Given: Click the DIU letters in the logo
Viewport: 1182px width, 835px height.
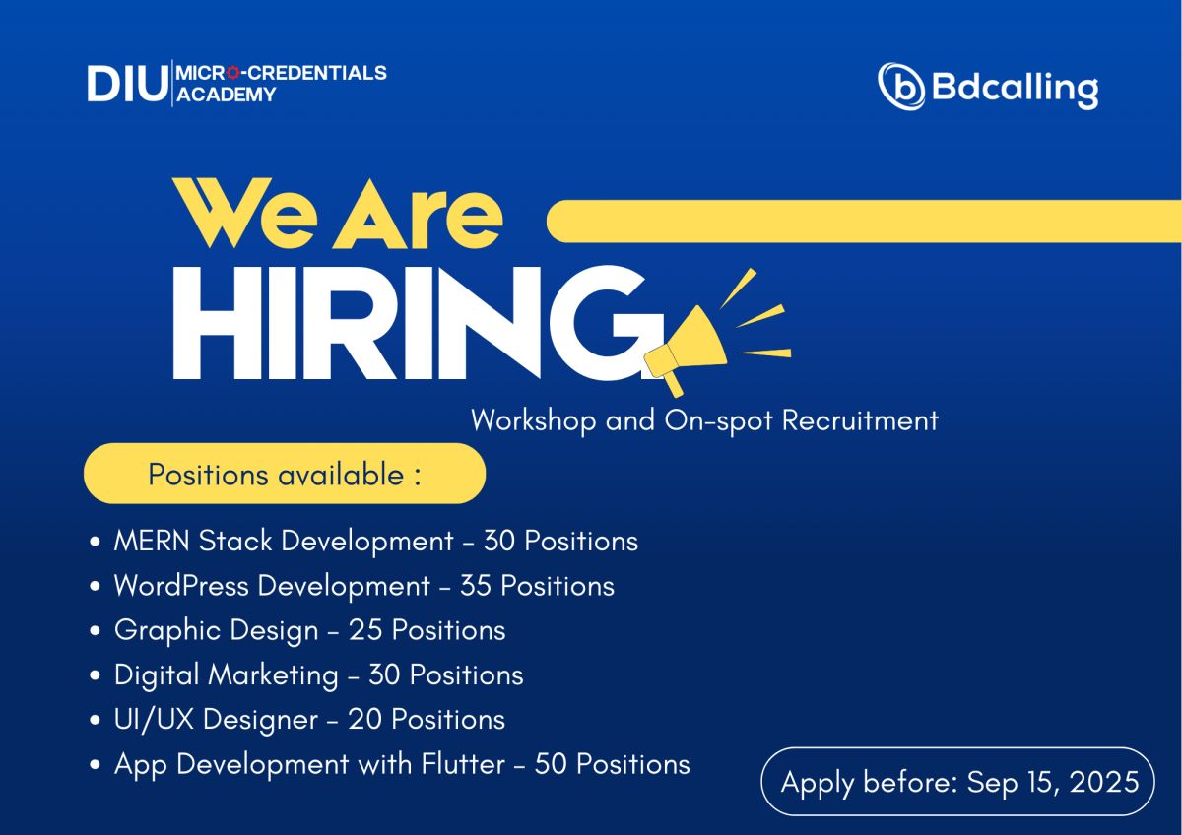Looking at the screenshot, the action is [x=127, y=84].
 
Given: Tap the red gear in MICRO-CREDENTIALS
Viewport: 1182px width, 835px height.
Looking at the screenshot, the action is [x=233, y=73].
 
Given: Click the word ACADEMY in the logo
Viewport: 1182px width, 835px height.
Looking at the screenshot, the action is [x=226, y=95].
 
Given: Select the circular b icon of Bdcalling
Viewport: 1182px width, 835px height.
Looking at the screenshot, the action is [x=901, y=87].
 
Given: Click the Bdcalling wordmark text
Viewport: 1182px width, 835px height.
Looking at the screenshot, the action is [x=1016, y=87].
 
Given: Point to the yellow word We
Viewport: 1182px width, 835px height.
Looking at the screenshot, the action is [x=245, y=213].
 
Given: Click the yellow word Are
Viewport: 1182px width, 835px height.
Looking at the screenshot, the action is [x=418, y=213].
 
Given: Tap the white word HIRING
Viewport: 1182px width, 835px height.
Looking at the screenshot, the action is [x=418, y=322].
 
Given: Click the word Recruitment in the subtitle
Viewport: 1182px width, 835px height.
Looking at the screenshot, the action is [x=860, y=420].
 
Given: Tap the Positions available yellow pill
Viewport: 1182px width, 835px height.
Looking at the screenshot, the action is [x=285, y=474].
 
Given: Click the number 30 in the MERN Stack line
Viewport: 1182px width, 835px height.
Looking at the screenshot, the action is [x=499, y=542].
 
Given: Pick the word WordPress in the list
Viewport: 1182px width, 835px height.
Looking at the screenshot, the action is [x=181, y=586].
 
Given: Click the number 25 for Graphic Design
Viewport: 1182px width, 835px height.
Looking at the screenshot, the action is [x=365, y=630].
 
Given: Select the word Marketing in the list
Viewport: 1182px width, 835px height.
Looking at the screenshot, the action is [x=274, y=675].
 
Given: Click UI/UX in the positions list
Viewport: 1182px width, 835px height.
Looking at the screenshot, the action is [x=154, y=720].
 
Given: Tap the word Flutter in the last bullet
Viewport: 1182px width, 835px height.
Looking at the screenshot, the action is [x=463, y=764].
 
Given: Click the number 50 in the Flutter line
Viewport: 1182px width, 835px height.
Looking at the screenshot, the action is [x=551, y=765].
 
